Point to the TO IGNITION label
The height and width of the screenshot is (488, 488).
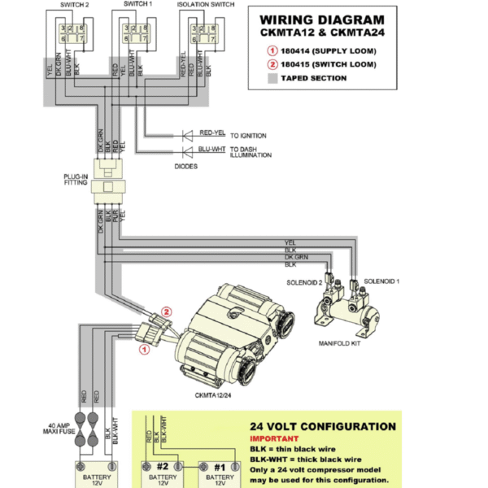coord(250,134)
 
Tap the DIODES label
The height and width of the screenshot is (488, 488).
coord(186,166)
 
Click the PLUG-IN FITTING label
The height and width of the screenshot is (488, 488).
coord(76,180)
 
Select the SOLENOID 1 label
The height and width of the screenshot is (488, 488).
coord(382,280)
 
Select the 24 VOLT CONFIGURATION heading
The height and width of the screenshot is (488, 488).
coord(322,426)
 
